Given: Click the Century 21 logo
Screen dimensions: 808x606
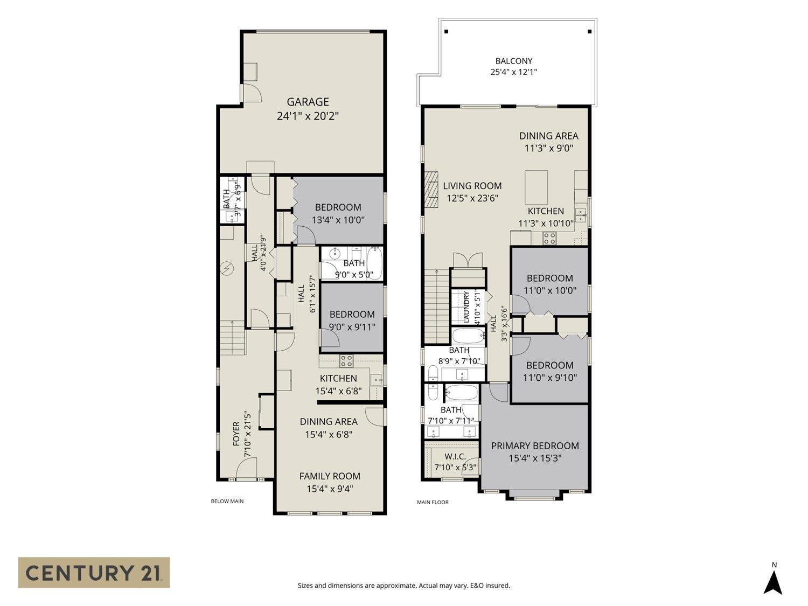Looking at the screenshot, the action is coord(94,573).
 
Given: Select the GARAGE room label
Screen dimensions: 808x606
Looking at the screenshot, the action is coord(308,102).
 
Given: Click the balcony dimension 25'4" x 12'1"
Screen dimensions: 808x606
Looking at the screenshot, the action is coord(513,72).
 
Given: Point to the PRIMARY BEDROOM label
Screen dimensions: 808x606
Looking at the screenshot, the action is coord(535,445).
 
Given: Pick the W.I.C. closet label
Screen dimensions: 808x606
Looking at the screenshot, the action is coord(455,457).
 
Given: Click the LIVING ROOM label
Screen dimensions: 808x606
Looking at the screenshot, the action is coord(472,186).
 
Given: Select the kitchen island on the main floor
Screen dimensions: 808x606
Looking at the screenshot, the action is coord(536,187).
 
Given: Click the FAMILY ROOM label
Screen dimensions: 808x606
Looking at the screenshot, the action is coord(330,476).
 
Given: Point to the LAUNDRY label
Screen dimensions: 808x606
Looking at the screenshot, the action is coord(466,307).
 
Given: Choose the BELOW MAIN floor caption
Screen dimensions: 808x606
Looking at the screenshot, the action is coord(227,501).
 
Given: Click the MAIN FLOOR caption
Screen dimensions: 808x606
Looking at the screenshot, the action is coord(433,502).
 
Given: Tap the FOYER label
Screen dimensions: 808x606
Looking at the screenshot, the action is coord(236,434).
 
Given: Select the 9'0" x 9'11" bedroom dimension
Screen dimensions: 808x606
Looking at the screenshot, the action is coord(352,327).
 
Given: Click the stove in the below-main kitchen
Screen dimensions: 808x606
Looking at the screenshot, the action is coord(346,360).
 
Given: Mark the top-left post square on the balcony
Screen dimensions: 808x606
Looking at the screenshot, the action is coord(446,32).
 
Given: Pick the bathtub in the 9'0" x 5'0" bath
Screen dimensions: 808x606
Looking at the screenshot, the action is coord(375,263).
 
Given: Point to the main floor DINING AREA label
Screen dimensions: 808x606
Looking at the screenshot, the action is coord(548,136).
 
